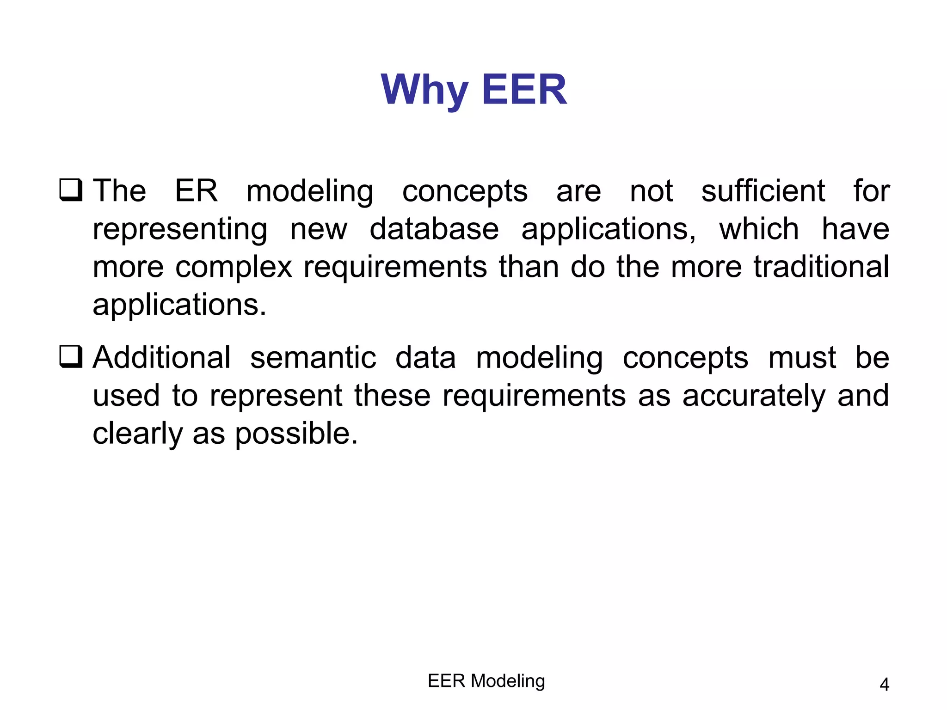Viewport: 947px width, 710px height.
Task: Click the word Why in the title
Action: (424, 90)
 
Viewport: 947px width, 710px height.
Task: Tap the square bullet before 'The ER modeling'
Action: (71, 190)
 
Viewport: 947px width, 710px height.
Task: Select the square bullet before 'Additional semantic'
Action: (71, 357)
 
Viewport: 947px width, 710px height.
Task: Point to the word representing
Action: (180, 230)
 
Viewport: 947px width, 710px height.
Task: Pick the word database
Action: (434, 229)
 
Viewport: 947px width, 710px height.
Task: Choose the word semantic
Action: (313, 358)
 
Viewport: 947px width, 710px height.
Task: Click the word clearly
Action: (138, 434)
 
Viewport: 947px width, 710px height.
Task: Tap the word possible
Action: (296, 434)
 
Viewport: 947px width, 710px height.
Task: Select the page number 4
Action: (884, 685)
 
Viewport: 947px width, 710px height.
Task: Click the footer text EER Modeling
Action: (486, 681)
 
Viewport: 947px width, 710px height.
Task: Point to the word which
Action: (758, 229)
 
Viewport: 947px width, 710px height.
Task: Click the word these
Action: (392, 396)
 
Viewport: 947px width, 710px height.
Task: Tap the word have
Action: (855, 229)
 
